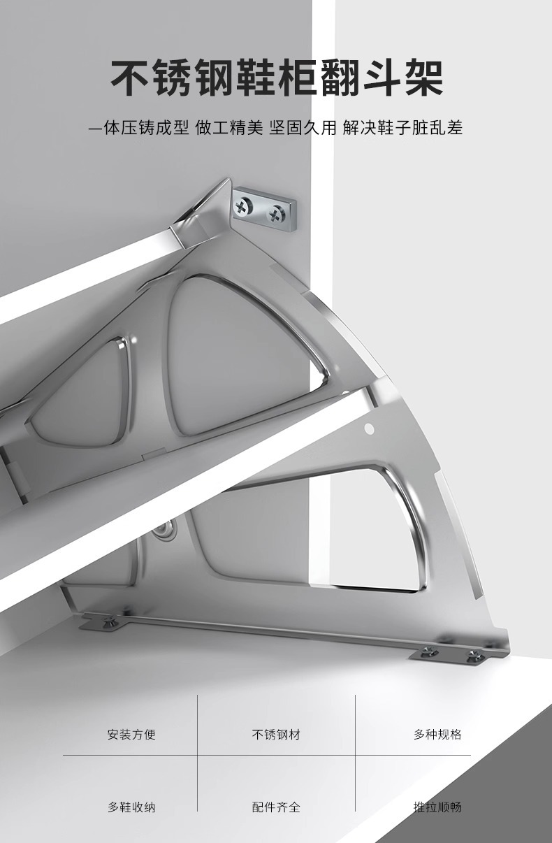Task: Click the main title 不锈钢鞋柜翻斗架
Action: pyautogui.click(x=277, y=78)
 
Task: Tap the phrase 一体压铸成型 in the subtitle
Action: pyautogui.click(x=138, y=128)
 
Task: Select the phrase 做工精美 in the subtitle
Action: pyautogui.click(x=228, y=128)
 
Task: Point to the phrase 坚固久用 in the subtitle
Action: pyautogui.click(x=303, y=128)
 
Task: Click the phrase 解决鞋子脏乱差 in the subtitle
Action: pyautogui.click(x=402, y=128)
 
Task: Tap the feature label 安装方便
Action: pyautogui.click(x=131, y=734)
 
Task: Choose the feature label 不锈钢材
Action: pyautogui.click(x=276, y=734)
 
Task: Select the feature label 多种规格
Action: pyautogui.click(x=437, y=734)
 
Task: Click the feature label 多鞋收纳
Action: pyautogui.click(x=131, y=807)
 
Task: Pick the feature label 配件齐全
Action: pyautogui.click(x=276, y=807)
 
